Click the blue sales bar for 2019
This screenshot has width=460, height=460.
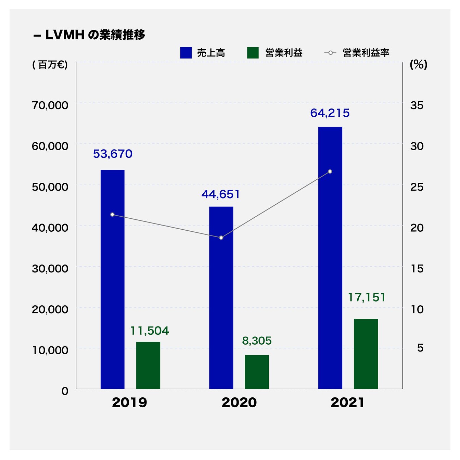[112, 279]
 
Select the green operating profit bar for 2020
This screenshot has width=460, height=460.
[257, 372]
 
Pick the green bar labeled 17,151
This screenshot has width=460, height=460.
[366, 354]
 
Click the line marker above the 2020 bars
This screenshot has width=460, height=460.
[221, 238]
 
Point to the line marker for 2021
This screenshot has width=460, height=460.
[330, 171]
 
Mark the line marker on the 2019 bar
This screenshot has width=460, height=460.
[112, 215]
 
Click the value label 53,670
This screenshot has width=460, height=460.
[113, 154]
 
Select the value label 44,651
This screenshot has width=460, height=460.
[221, 194]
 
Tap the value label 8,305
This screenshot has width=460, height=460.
[257, 341]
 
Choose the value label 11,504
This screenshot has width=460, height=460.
[150, 331]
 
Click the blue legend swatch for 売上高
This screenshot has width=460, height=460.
[186, 53]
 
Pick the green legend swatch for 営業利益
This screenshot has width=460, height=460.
[253, 53]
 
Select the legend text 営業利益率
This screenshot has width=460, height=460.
[366, 53]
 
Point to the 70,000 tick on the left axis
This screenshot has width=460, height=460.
[50, 105]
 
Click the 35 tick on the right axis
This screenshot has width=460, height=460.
[417, 105]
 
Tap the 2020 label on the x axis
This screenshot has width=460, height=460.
[239, 402]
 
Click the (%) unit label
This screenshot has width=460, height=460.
[418, 64]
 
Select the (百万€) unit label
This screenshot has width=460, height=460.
[50, 65]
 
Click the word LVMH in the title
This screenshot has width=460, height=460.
[65, 35]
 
